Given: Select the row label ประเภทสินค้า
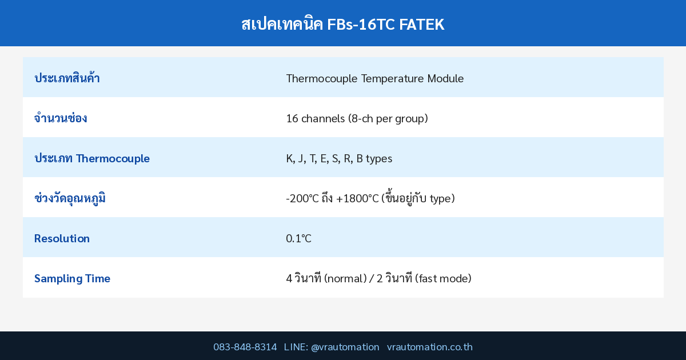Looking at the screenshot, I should click(x=67, y=78).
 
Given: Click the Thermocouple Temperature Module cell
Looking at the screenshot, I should click(x=374, y=78).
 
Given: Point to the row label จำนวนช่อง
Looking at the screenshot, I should click(x=61, y=118).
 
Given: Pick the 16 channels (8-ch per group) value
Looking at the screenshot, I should click(x=357, y=118).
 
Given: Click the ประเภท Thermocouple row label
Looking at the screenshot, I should click(x=92, y=158).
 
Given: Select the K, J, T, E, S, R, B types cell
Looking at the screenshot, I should click(x=339, y=158).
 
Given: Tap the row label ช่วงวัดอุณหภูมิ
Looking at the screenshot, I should click(x=70, y=198).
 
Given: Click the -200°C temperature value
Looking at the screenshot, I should click(x=302, y=198).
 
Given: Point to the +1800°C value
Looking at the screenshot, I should click(x=357, y=198).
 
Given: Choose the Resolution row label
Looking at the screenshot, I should click(x=62, y=238).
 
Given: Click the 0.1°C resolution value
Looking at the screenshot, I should click(x=298, y=238).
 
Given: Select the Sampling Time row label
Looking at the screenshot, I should click(x=72, y=278).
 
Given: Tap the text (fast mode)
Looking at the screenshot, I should click(x=443, y=278).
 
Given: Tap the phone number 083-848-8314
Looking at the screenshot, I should click(x=245, y=347).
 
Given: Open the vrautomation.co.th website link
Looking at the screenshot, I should click(x=430, y=347).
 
